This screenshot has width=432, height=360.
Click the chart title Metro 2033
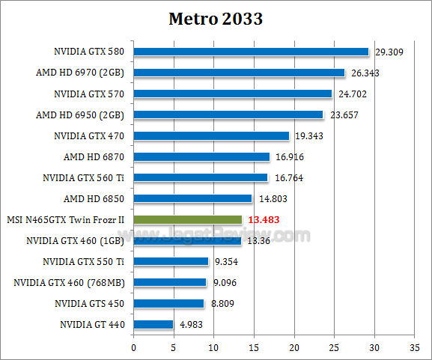(216, 18)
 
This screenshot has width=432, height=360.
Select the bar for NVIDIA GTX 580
(251, 52)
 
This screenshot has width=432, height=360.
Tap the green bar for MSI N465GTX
(187, 219)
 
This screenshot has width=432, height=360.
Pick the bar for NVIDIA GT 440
(153, 324)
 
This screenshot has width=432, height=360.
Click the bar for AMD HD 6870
(201, 156)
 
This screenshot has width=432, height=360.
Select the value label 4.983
(192, 325)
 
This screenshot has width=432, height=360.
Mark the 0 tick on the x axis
(133, 347)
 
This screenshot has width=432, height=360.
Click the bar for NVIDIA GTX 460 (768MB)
(170, 282)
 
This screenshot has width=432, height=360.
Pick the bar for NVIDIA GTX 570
(232, 94)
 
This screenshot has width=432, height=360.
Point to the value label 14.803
(272, 199)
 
